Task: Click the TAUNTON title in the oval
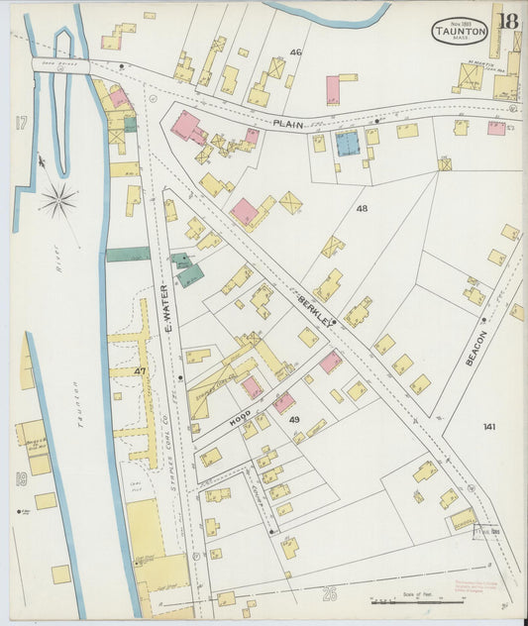460,31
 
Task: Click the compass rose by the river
57,200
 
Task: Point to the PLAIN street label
288,124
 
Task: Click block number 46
295,52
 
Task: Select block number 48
362,209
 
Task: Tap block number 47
140,370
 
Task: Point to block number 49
294,420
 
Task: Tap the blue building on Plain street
347,144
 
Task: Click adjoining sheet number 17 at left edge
19,123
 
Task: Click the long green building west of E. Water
128,255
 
